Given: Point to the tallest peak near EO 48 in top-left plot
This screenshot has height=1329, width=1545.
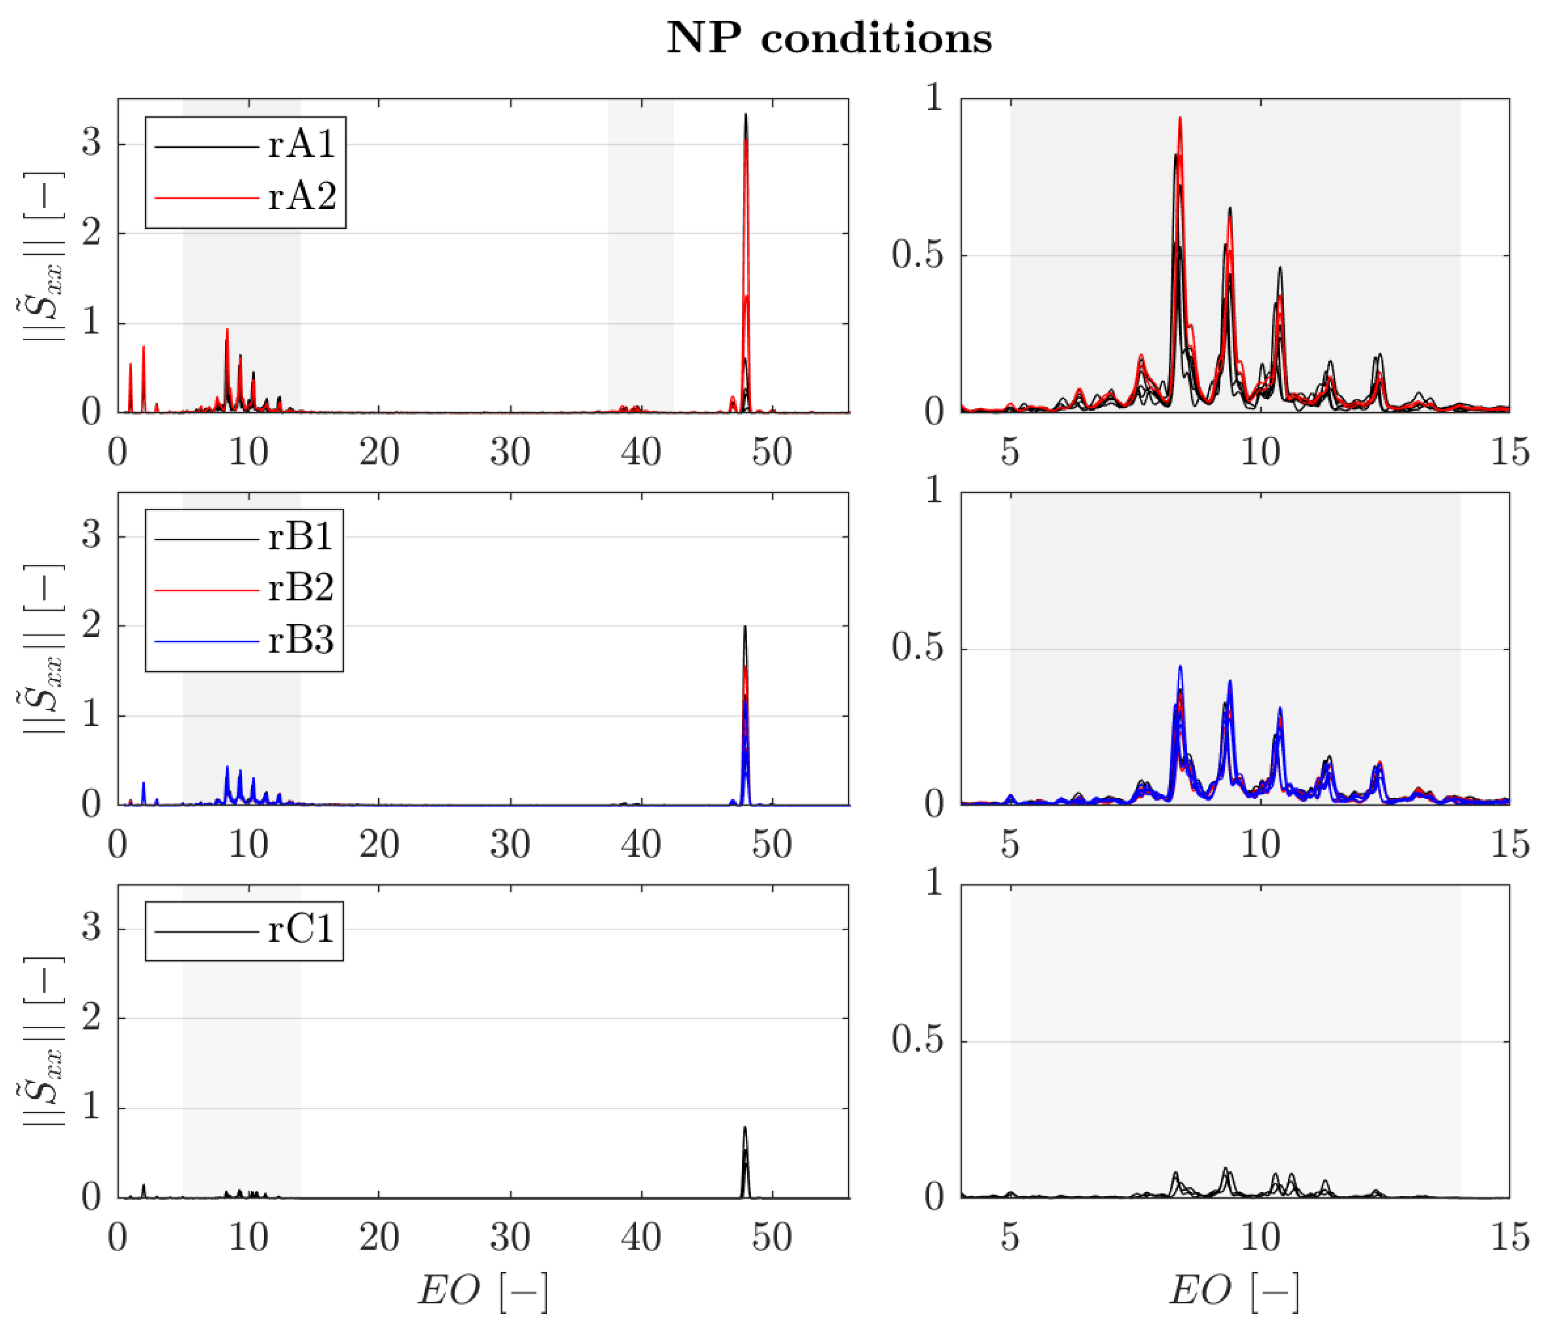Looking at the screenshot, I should point(746,115).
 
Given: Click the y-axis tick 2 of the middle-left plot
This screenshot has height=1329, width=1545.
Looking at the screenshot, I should point(91,626).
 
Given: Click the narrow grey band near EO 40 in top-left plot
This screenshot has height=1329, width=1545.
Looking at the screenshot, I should point(640,253).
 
